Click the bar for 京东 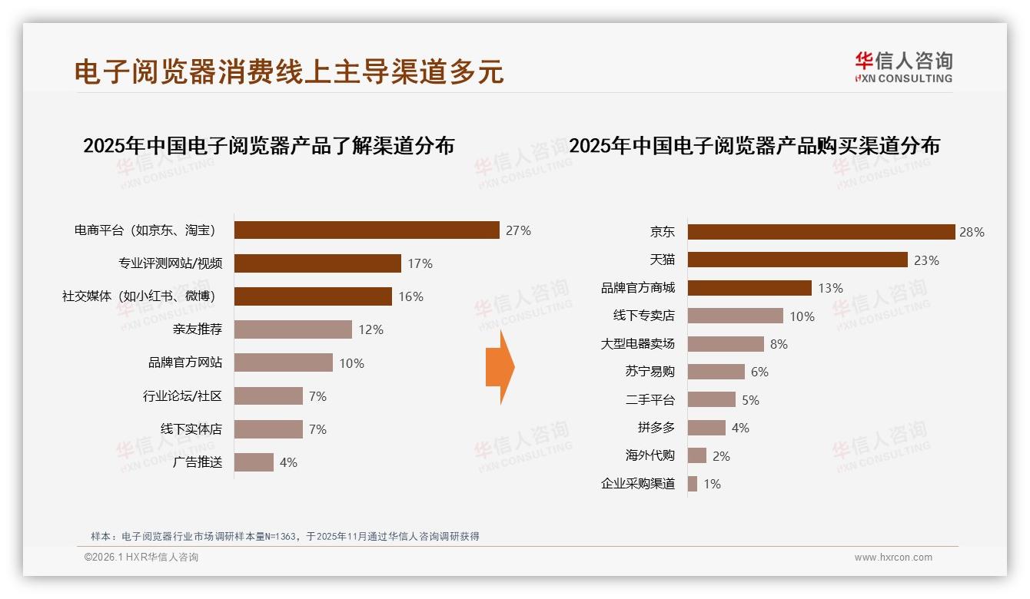click(821, 232)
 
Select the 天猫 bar click(797, 260)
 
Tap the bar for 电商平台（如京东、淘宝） click(367, 230)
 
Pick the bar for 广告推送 click(254, 462)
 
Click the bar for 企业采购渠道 click(693, 484)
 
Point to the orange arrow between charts click(500, 368)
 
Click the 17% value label click(420, 263)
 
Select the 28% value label click(972, 232)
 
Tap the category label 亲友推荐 click(198, 329)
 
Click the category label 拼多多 click(656, 428)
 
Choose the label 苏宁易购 click(650, 372)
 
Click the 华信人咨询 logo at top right click(903, 67)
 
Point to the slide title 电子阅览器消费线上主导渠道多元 click(289, 71)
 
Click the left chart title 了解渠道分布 click(268, 145)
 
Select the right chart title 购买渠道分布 click(754, 145)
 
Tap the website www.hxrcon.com click(892, 558)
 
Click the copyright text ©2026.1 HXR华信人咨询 click(141, 558)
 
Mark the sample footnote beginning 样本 click(284, 536)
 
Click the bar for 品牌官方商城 click(749, 288)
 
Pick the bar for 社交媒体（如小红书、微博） click(313, 296)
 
